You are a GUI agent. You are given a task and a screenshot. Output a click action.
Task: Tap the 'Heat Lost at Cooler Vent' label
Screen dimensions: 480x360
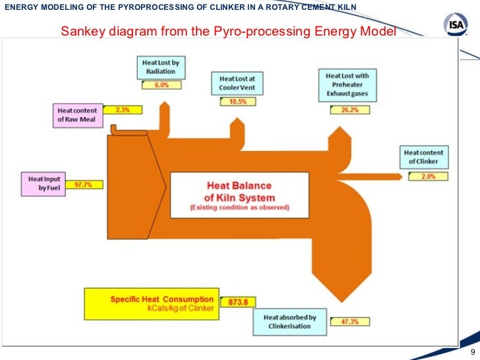(237, 82)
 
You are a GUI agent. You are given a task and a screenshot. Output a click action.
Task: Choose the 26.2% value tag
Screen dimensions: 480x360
(349, 110)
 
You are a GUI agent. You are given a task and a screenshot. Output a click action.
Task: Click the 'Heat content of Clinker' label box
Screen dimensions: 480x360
(425, 158)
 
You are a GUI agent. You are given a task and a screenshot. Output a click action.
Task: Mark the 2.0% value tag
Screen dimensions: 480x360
(427, 176)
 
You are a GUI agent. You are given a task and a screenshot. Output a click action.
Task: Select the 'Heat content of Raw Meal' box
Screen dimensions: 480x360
(76, 115)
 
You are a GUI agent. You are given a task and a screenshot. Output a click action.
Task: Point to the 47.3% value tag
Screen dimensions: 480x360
(345, 322)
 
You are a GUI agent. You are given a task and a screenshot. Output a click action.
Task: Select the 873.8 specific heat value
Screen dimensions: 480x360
(237, 302)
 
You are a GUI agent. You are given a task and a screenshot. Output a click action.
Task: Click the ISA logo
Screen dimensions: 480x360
(456, 25)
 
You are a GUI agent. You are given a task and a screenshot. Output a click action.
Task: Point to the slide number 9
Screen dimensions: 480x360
(473, 351)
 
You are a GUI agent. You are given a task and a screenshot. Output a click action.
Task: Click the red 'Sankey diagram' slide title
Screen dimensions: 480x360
(229, 31)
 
